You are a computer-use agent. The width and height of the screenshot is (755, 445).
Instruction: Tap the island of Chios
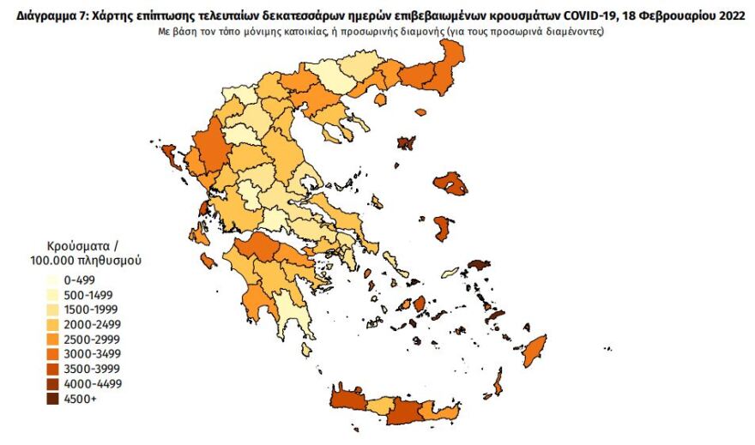tap(443, 228)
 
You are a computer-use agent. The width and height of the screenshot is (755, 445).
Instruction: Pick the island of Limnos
tap(405, 142)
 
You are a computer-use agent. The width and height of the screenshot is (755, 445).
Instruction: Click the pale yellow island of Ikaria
tap(449, 273)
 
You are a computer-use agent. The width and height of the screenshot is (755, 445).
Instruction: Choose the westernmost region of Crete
tap(346, 402)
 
